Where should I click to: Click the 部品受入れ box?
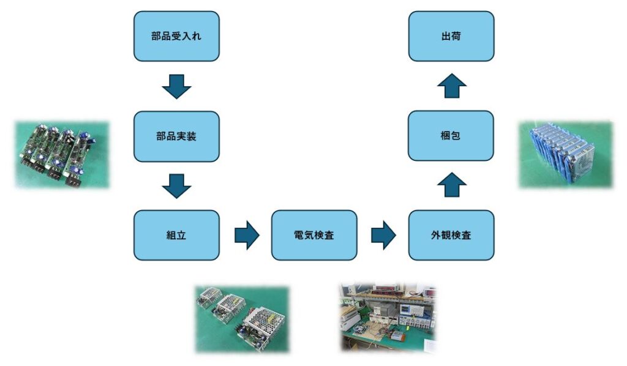[x=176, y=36]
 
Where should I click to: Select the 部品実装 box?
[x=176, y=136]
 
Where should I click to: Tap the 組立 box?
[x=176, y=235]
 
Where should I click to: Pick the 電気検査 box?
[x=313, y=235]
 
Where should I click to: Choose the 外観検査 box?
[x=451, y=235]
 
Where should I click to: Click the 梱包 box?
[x=451, y=136]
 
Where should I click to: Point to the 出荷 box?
[x=451, y=36]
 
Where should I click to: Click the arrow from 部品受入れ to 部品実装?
[x=176, y=86]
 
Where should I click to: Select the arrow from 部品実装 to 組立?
[x=176, y=185]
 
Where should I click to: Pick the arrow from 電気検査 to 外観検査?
[x=383, y=236]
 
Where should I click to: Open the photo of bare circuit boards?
[x=62, y=154]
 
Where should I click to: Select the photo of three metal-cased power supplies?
[x=241, y=318]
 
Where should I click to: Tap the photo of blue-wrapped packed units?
[x=565, y=154]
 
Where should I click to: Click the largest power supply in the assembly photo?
[x=263, y=324]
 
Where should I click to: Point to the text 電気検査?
[x=313, y=235]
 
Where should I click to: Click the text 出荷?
[x=451, y=36]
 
